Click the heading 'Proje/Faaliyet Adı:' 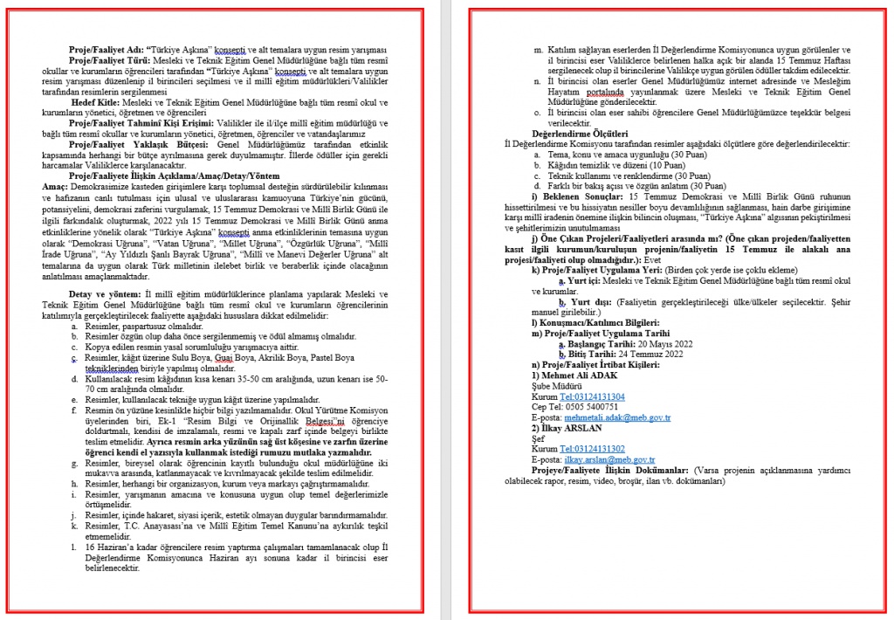click(x=107, y=50)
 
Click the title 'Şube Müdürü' click(x=558, y=385)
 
